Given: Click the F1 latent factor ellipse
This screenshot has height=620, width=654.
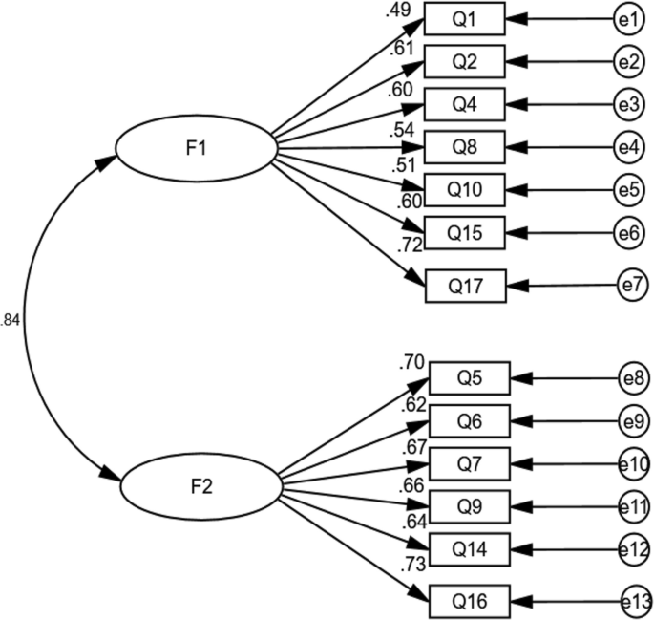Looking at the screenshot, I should (x=196, y=149).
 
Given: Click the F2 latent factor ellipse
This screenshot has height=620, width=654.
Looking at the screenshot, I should (x=200, y=486).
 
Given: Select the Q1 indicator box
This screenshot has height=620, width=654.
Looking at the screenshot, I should (x=464, y=19).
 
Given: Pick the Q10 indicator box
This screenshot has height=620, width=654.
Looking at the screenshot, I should (x=464, y=188).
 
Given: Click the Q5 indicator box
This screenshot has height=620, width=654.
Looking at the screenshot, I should (x=469, y=378).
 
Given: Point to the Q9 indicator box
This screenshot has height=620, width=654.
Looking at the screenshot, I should (x=469, y=505).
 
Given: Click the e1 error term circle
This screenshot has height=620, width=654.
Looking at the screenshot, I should (x=627, y=19).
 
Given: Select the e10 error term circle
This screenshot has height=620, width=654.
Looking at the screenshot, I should (x=634, y=463).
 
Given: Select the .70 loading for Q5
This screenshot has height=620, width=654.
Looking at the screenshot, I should (x=411, y=362).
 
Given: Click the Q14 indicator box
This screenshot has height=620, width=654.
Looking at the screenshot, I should (x=469, y=548).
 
